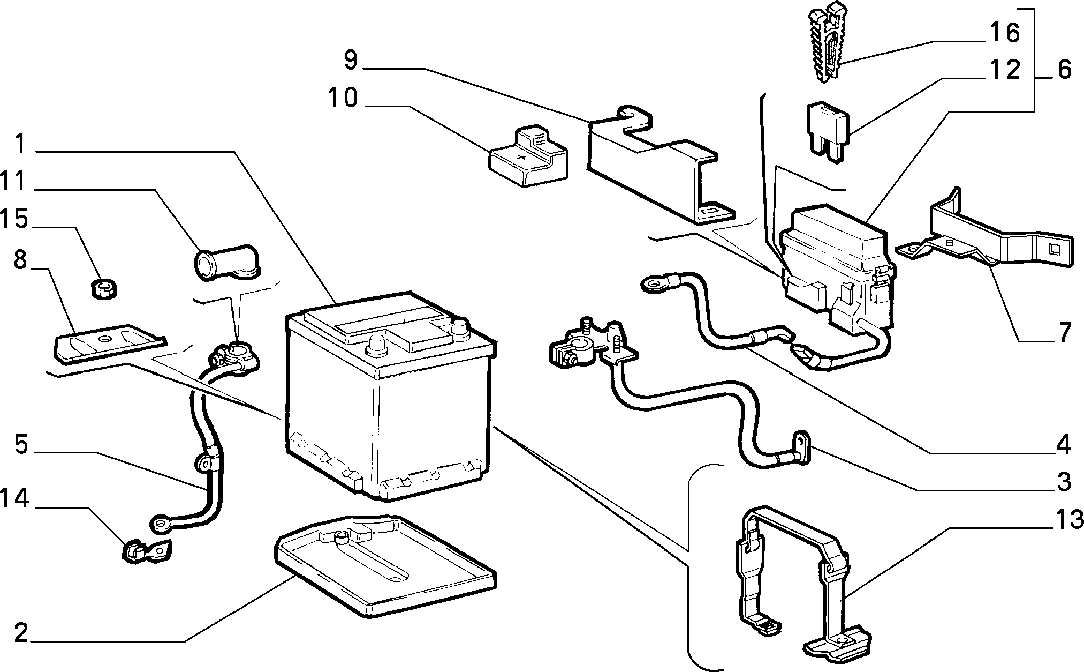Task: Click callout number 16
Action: tap(1005, 33)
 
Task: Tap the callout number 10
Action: tap(343, 99)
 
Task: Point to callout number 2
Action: tap(21, 633)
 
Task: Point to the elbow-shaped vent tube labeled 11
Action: tap(225, 264)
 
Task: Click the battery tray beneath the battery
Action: tap(384, 566)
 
